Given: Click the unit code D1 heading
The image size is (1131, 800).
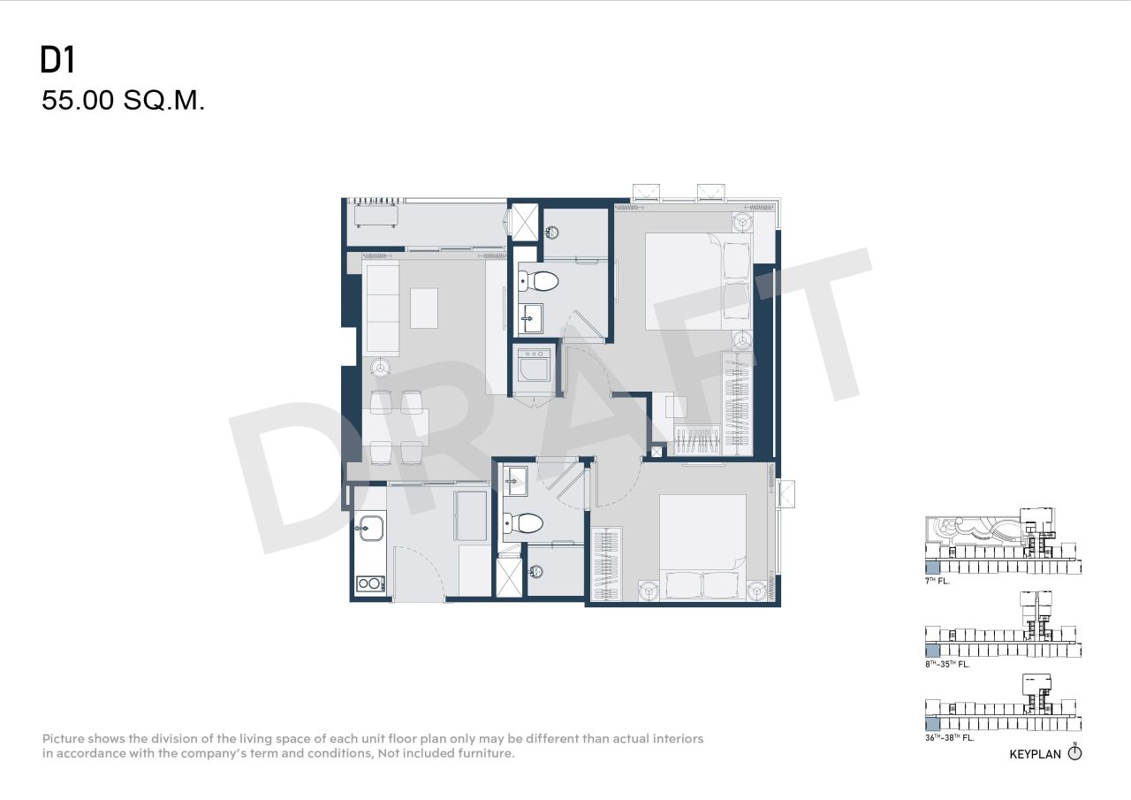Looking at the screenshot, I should [57, 60].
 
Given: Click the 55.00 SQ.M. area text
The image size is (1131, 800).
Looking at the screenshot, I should [123, 101].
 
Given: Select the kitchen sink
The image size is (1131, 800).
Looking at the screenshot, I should [368, 530].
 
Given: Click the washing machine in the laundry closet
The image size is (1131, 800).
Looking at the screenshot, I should [535, 364].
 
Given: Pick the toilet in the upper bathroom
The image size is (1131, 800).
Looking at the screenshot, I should [540, 282].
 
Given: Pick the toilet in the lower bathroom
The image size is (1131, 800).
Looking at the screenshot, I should [522, 523].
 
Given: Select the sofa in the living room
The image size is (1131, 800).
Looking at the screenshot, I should [381, 307].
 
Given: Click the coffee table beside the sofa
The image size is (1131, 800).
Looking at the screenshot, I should [424, 308].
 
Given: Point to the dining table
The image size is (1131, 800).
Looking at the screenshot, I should [396, 427].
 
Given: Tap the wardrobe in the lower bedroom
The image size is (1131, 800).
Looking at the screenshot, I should [606, 562].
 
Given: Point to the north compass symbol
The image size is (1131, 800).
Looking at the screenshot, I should [1074, 753].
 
